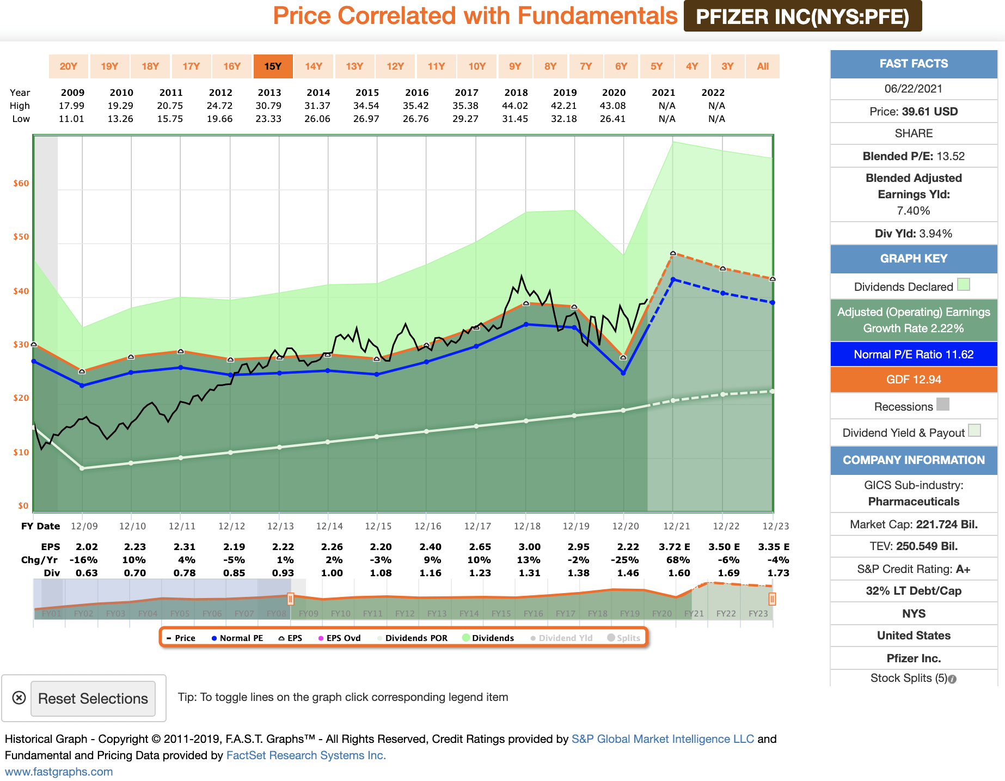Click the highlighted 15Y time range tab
(273, 66)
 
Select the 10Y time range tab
(477, 66)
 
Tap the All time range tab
(763, 66)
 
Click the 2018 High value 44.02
(516, 106)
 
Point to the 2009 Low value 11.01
(71, 119)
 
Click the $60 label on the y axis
(21, 184)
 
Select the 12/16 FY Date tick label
(428, 526)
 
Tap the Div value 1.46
(628, 573)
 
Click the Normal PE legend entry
(237, 638)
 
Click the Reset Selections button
(93, 699)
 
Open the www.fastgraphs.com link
(59, 772)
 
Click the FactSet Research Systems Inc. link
(306, 755)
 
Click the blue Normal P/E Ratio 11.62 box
(914, 355)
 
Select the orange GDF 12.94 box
(914, 380)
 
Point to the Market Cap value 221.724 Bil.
(947, 524)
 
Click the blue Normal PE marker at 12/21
(673, 279)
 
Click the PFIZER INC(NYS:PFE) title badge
(802, 17)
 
